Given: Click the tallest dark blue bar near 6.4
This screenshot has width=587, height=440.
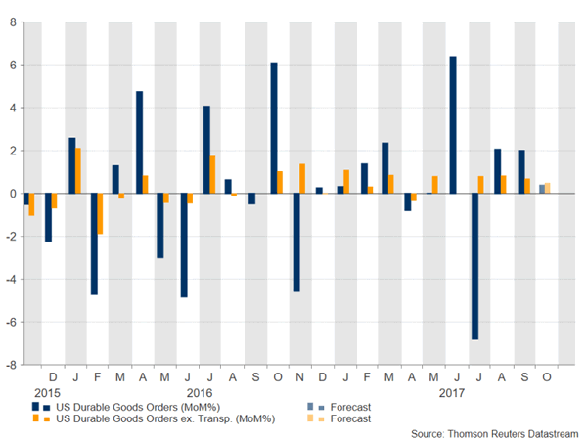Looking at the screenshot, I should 453,125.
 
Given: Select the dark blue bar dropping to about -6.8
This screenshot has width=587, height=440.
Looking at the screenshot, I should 475,266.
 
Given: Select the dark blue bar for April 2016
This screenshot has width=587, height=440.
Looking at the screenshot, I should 140,142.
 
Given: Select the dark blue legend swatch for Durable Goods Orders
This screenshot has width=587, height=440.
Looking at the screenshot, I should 35,406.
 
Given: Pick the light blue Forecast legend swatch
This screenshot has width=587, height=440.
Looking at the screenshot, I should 311,406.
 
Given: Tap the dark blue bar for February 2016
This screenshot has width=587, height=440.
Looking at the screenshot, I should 95,243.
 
